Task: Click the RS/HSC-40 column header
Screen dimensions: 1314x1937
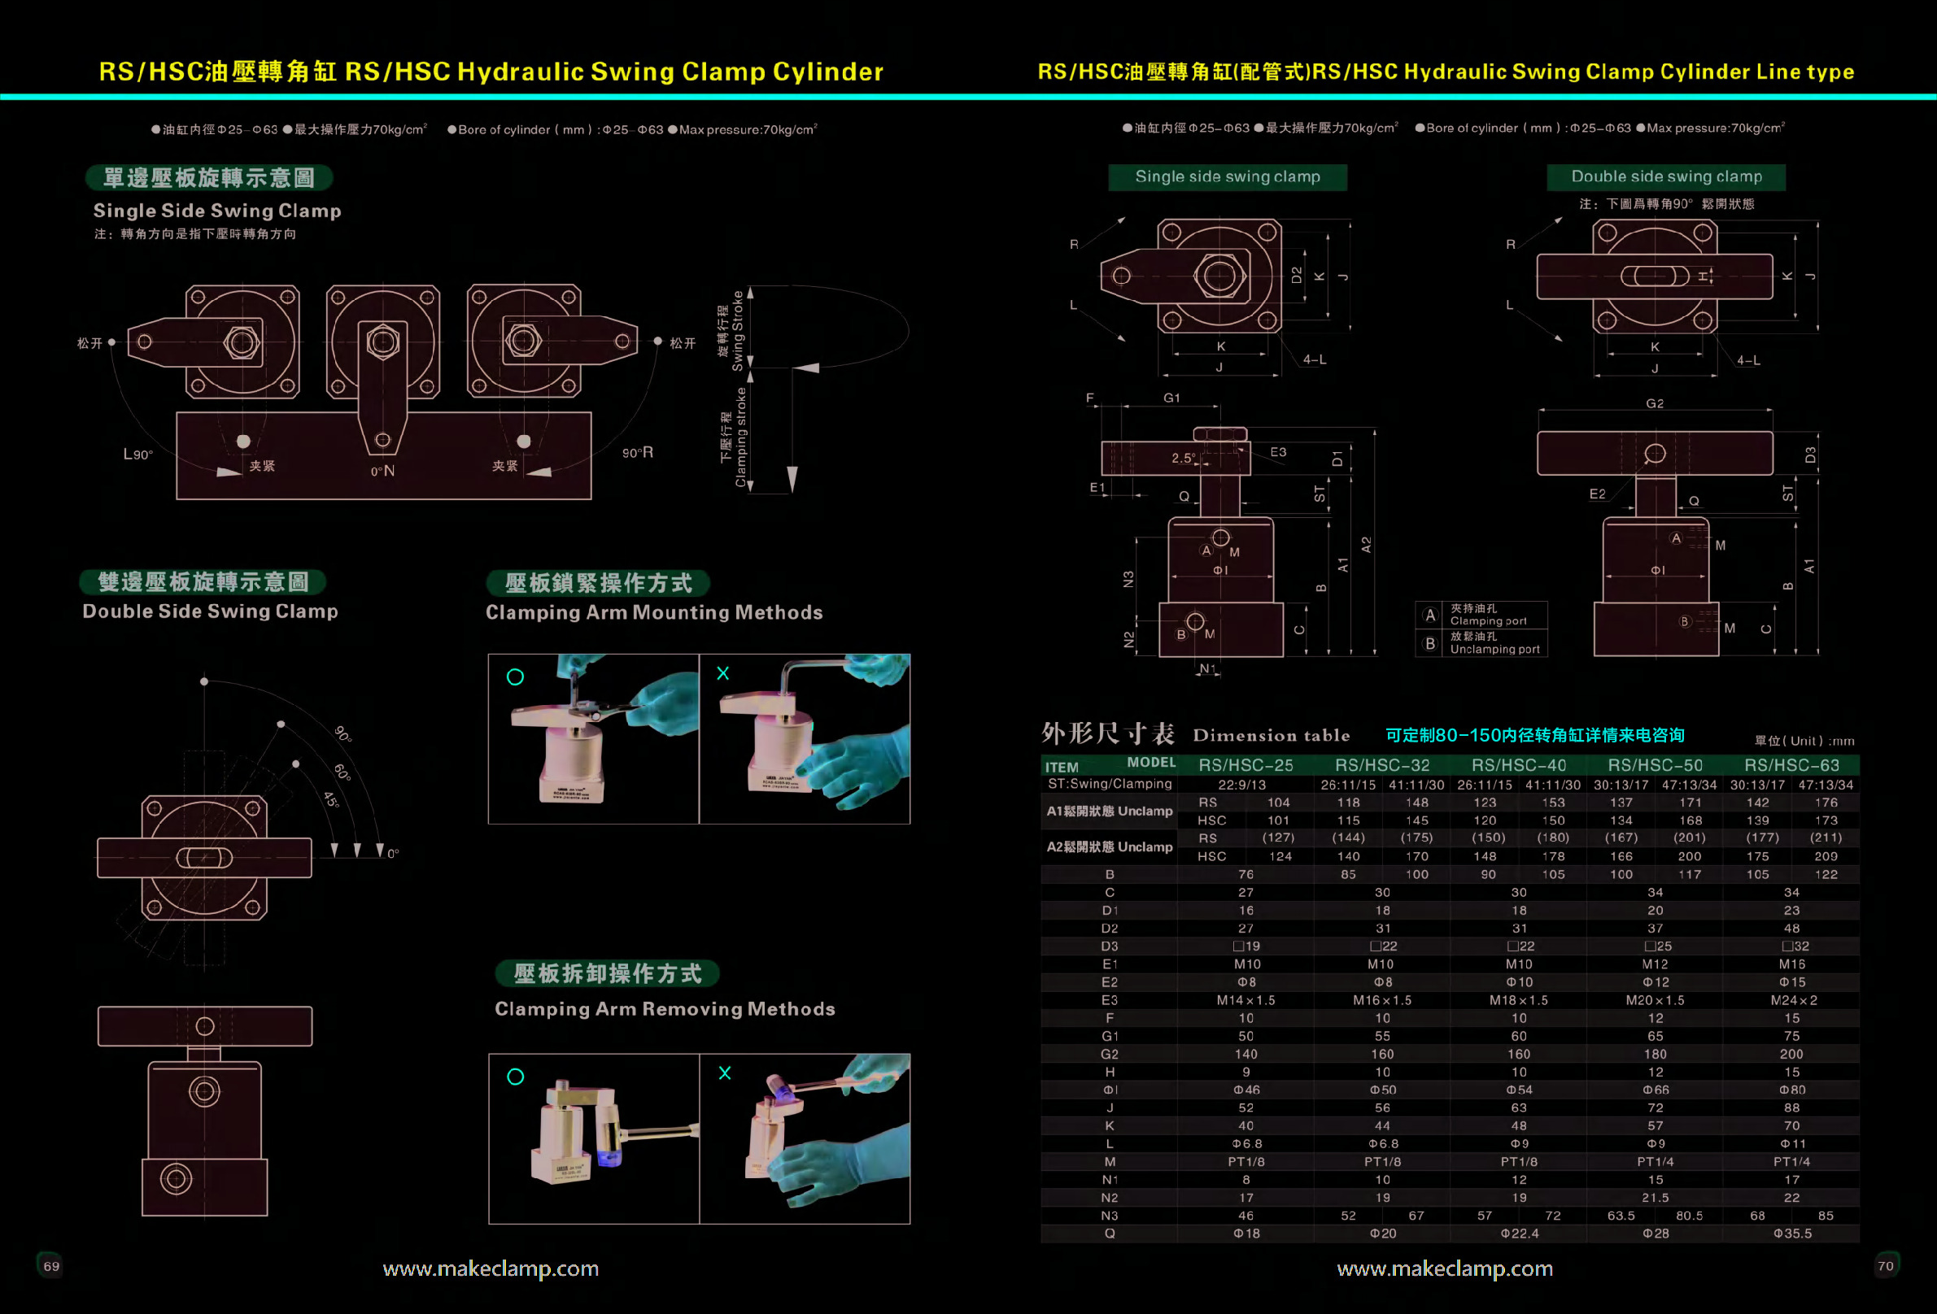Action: (x=1519, y=765)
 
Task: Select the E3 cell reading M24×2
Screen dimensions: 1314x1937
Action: (x=1793, y=1000)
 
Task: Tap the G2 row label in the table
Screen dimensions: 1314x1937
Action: (x=1110, y=1054)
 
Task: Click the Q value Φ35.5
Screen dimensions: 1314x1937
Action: (x=1792, y=1234)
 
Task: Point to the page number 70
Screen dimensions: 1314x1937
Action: (x=1885, y=1266)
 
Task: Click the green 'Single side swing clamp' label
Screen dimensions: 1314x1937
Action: (x=1227, y=176)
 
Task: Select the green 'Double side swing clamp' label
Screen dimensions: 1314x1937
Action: (x=1666, y=176)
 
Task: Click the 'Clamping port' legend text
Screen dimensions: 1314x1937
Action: (x=1489, y=620)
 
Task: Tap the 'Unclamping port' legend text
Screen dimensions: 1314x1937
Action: (x=1494, y=649)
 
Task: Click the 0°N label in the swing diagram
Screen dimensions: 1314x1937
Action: (x=382, y=471)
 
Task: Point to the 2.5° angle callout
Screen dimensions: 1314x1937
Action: (x=1183, y=458)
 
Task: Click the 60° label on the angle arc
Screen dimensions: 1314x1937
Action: (x=342, y=771)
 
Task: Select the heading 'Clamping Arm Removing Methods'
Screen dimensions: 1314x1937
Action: (x=665, y=1009)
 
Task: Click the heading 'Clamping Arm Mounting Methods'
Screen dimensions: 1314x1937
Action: (x=654, y=612)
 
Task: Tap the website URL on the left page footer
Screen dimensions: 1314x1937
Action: (x=490, y=1268)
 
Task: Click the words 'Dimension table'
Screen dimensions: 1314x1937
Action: (x=1271, y=735)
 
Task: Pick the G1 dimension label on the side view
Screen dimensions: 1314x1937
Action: (x=1171, y=398)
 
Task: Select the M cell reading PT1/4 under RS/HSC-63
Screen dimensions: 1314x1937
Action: (x=1792, y=1161)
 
